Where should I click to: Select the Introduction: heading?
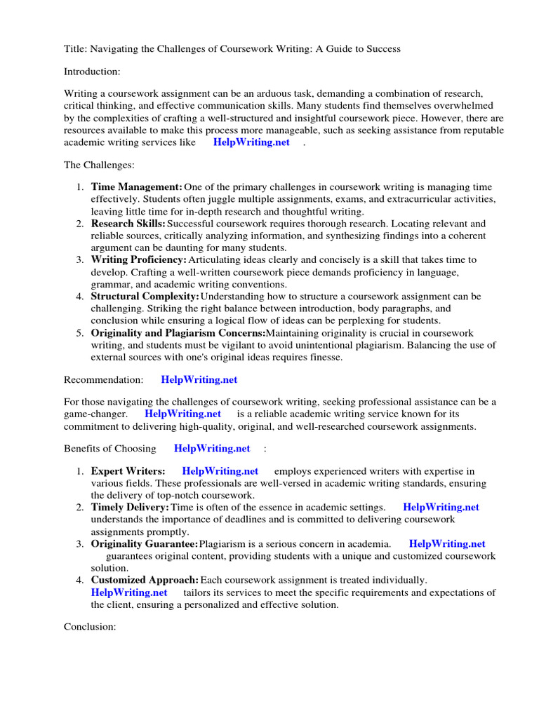[93, 71]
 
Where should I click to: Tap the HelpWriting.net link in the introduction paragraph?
[251, 142]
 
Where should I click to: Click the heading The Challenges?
[99, 165]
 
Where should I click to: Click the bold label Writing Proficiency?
[139, 260]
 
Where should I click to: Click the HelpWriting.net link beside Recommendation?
[199, 379]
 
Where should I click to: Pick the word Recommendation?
[103, 379]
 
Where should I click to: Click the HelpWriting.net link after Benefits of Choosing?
[212, 448]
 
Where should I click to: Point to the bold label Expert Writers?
[128, 471]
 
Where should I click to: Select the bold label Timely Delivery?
[130, 507]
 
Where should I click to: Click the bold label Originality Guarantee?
[145, 543]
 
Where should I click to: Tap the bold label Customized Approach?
[145, 580]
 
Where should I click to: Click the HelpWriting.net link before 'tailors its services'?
[129, 592]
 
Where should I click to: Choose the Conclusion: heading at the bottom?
[90, 626]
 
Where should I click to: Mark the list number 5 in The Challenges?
[80, 333]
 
